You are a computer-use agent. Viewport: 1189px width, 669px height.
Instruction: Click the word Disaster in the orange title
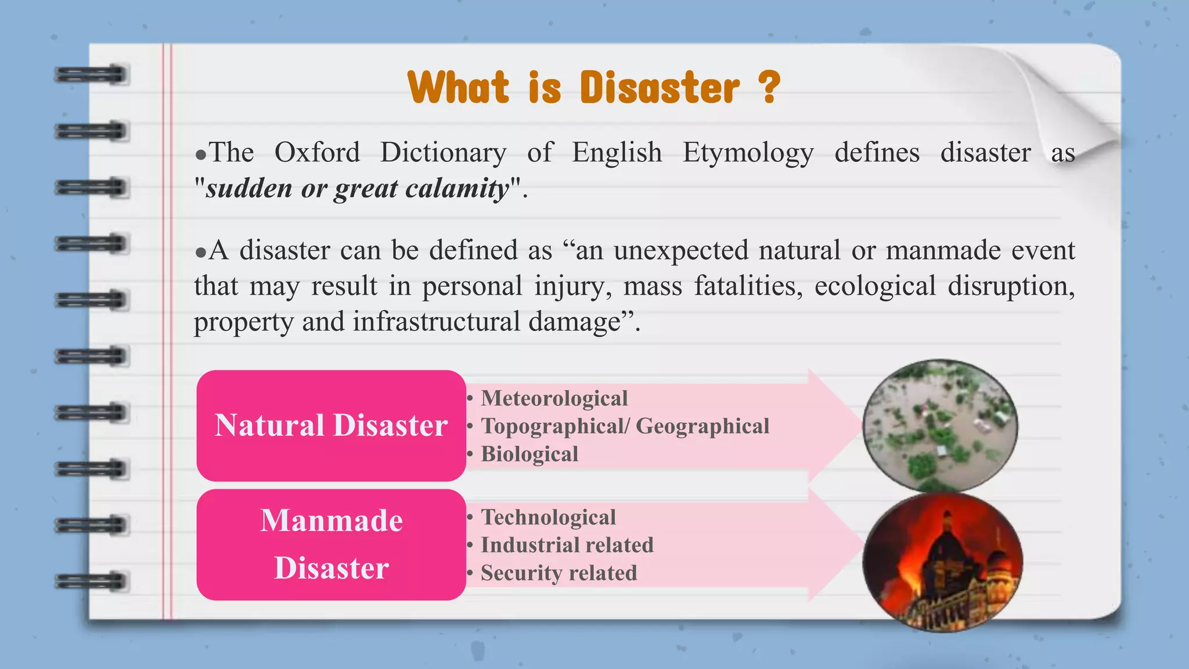tap(660, 88)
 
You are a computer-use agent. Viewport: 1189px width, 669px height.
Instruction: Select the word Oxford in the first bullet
tap(317, 153)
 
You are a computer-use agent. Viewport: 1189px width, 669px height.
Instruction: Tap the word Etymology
tap(748, 153)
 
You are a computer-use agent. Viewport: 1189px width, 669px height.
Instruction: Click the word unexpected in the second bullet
tap(680, 251)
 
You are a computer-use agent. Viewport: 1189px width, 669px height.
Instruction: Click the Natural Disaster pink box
tap(331, 425)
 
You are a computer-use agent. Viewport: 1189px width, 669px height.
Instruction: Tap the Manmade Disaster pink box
tap(331, 544)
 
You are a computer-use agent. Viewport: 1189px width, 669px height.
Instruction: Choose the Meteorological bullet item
tap(554, 398)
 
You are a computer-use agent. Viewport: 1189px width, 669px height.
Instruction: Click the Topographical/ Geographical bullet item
tap(625, 426)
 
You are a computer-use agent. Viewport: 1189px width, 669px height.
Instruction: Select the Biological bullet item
tap(529, 454)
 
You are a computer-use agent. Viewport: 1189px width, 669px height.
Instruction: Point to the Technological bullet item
tap(548, 517)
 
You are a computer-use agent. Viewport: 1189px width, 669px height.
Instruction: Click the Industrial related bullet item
tap(567, 545)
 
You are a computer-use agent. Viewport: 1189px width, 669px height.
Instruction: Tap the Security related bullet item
tap(559, 573)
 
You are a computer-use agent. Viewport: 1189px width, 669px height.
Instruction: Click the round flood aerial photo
tap(940, 426)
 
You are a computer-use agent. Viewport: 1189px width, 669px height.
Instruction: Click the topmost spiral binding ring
tap(91, 75)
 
